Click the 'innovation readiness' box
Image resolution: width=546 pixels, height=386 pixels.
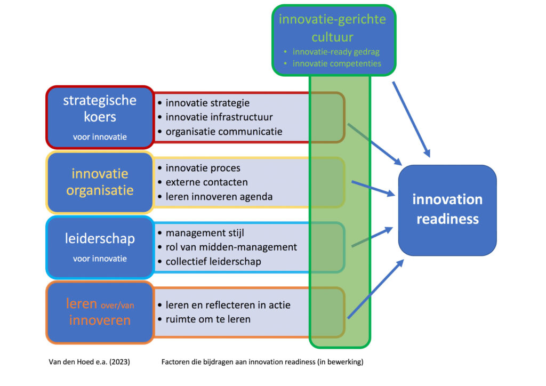[447, 210]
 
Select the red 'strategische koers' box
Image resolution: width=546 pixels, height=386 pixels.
[100, 116]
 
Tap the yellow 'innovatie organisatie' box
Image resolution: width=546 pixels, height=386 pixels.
[100, 182]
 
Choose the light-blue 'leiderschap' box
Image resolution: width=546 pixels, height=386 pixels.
[100, 247]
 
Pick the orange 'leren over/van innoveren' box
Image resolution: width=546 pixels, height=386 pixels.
[100, 312]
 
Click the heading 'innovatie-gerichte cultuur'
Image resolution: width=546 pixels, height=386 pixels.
[332, 28]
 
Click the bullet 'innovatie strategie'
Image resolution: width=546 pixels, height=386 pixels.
[207, 103]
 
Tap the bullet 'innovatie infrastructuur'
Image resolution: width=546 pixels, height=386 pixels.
[219, 117]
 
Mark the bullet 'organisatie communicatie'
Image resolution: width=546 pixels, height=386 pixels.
[224, 131]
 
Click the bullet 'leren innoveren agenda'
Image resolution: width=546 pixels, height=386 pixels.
[219, 196]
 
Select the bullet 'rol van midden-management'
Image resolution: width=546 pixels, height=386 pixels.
[231, 247]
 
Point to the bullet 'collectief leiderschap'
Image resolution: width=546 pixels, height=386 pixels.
[221, 261]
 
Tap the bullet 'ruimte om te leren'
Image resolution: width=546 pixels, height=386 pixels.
[208, 319]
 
